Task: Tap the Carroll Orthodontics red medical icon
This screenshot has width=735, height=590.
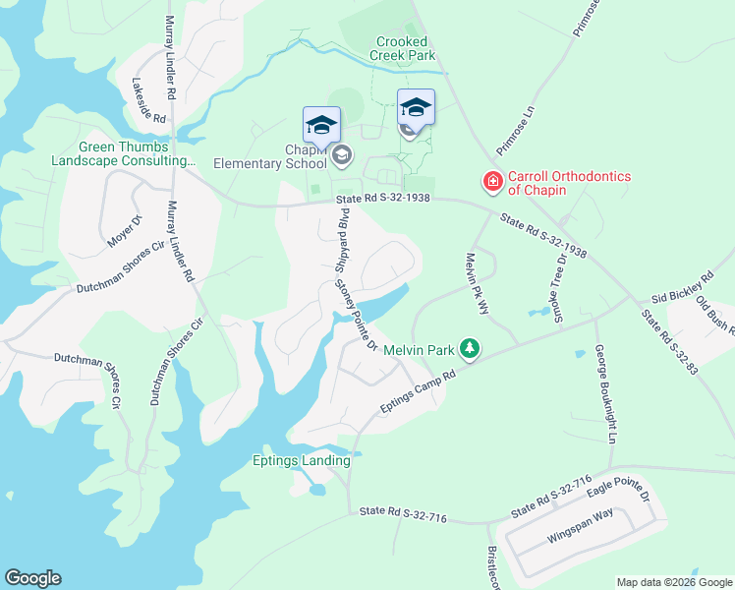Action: [491, 182]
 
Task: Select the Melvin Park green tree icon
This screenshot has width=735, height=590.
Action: [471, 349]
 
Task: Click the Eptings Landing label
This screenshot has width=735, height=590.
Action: [302, 460]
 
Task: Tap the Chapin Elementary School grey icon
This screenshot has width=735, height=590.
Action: [341, 154]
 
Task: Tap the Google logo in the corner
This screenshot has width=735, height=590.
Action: [32, 578]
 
